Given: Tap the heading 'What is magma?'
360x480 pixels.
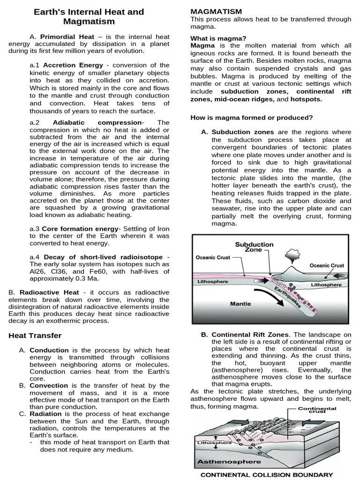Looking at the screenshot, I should pyautogui.click(x=218, y=38).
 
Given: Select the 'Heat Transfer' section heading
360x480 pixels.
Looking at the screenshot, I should pyautogui.click(x=35, y=335).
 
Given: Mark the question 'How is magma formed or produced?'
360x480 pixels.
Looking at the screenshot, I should pyautogui.click(x=252, y=117).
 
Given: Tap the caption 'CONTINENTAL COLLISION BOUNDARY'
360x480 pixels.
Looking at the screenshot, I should pyautogui.click(x=267, y=474).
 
